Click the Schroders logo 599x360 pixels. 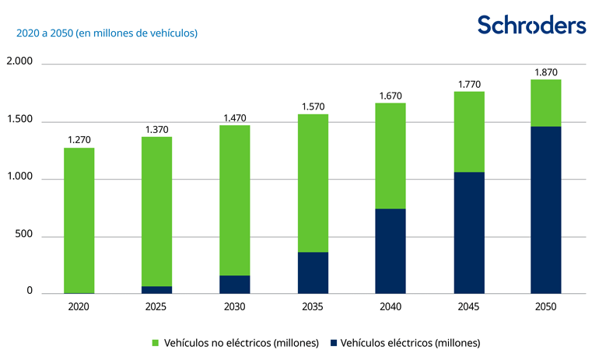(531, 25)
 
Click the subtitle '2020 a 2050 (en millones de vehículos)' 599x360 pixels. (102, 33)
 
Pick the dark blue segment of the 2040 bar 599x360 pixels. (390, 251)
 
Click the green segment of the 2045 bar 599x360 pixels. (468, 132)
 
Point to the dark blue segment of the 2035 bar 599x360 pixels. (312, 273)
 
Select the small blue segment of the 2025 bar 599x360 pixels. (156, 290)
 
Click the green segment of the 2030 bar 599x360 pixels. (234, 200)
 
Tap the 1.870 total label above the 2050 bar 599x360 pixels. (545, 72)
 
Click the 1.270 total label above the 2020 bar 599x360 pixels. (79, 141)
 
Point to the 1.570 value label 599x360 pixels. (312, 107)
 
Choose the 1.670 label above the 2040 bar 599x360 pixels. (390, 96)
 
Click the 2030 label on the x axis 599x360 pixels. (234, 307)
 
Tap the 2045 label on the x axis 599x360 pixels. (468, 307)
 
